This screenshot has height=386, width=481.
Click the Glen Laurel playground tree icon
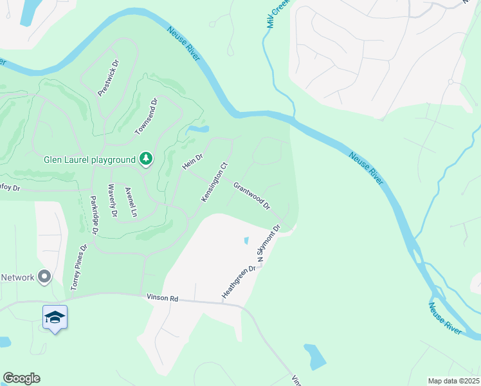[147, 159]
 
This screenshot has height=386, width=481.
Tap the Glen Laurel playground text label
[89, 160]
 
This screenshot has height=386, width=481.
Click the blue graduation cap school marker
[55, 318]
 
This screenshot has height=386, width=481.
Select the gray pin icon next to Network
[44, 277]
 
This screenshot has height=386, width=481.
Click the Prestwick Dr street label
[109, 78]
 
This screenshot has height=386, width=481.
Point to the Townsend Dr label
[146, 116]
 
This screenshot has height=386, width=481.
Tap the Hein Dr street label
[192, 161]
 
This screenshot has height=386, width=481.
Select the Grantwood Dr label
[251, 195]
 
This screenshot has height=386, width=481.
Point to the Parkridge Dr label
[95, 215]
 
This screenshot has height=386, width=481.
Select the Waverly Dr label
[113, 200]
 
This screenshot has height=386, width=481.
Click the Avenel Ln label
[131, 202]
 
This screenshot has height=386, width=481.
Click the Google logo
[21, 378]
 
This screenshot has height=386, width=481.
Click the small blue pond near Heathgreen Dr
[246, 241]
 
